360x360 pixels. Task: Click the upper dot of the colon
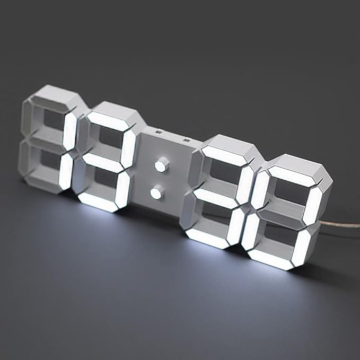point(160,166)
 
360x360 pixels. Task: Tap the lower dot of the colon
point(156,193)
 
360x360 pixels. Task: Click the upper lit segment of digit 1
point(69,130)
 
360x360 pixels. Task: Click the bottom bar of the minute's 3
point(207,238)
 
